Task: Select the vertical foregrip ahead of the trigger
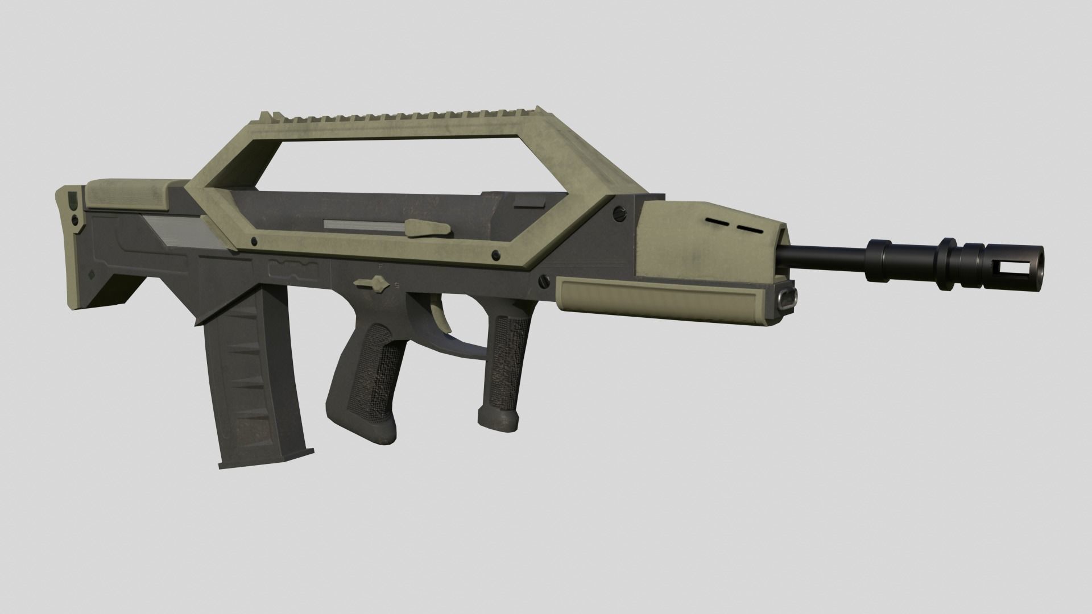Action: pos(503,370)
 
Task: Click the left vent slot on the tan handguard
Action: pos(716,220)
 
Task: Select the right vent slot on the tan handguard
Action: pos(750,228)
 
